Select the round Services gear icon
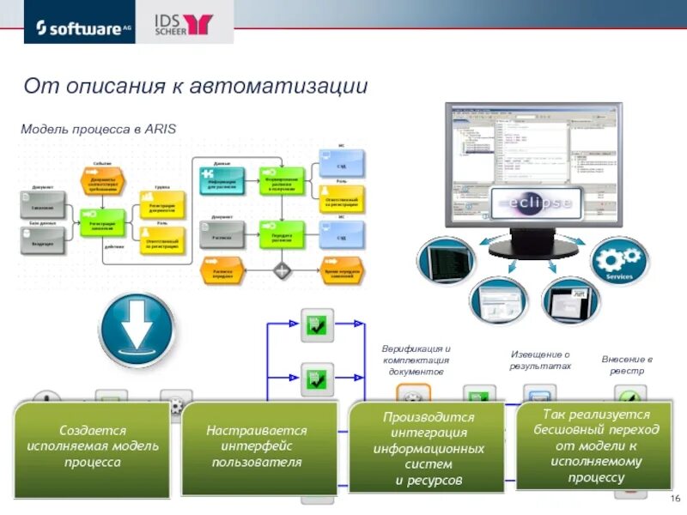(x=618, y=261)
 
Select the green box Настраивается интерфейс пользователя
(x=254, y=446)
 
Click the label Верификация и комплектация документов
(x=416, y=360)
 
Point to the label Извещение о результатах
(x=540, y=360)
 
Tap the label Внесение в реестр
(x=627, y=365)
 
